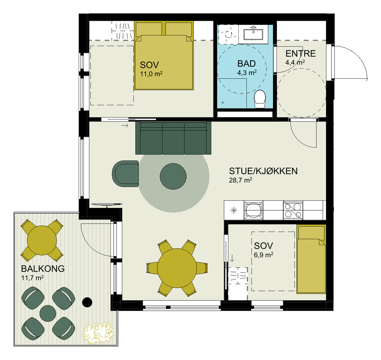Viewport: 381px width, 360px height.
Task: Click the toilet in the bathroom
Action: coord(260,99)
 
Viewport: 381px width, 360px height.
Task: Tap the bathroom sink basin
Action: coord(253,34)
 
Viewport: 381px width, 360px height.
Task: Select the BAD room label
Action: coord(246,64)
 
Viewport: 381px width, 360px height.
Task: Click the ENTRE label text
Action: coord(301,54)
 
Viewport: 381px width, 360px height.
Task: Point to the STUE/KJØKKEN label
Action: coord(263,171)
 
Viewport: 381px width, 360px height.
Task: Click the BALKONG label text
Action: coord(43,269)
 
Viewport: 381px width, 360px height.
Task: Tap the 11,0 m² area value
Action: coord(151,74)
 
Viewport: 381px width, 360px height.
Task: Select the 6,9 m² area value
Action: coord(263,255)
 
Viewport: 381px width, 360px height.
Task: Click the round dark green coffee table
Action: coord(173,176)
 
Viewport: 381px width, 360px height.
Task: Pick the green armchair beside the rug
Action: coord(125,173)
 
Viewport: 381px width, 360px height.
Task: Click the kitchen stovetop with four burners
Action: coord(293,210)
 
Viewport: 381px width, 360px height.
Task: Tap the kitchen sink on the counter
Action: coord(253,210)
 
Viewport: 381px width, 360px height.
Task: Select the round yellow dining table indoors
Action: coord(177,268)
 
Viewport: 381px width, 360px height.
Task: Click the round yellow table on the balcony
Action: coord(42,240)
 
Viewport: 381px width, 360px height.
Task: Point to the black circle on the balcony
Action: coord(87,302)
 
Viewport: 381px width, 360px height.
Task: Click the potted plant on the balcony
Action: coord(98,333)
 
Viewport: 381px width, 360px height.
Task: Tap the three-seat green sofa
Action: coord(173,138)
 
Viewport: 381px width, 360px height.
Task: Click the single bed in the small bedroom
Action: coord(311,259)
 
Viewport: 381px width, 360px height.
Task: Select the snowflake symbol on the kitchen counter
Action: coord(233,210)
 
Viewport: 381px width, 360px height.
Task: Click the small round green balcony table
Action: coord(48,313)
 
